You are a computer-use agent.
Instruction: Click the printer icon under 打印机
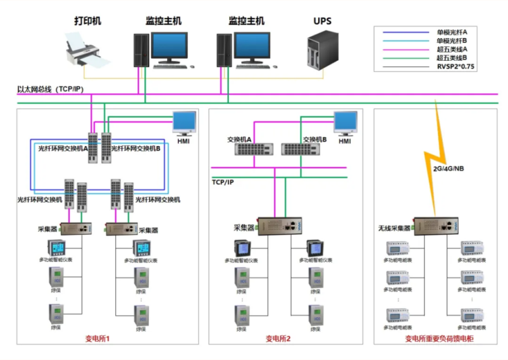click(83, 51)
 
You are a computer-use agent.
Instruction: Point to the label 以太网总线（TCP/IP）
click(51, 89)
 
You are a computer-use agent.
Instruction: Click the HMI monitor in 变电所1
click(185, 124)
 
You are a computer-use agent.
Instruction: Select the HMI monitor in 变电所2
click(345, 124)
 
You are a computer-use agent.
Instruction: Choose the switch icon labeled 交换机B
click(300, 149)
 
